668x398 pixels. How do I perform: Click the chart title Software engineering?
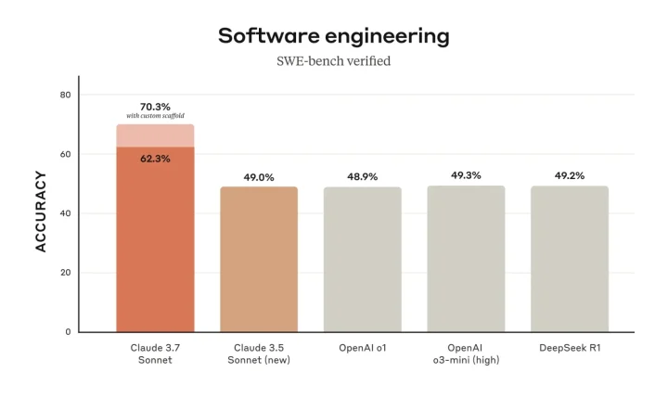[333, 36]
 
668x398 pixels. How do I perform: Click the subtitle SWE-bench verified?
[333, 61]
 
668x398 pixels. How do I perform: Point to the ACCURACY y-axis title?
[41, 211]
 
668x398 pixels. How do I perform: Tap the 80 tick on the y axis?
[65, 95]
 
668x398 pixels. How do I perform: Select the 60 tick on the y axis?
[65, 154]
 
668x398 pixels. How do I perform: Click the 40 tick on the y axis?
[65, 213]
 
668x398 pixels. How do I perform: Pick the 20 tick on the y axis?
[65, 273]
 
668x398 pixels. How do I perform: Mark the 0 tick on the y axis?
[68, 331]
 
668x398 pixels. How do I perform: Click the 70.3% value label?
[155, 107]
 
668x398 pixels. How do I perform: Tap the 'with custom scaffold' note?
[155, 116]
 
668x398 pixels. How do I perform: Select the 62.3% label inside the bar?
[155, 159]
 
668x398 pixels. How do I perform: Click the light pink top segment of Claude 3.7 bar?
[155, 135]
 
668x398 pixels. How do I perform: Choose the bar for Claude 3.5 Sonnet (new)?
[259, 260]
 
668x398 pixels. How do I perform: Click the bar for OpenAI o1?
[363, 260]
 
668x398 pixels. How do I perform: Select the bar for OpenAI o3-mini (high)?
[466, 260]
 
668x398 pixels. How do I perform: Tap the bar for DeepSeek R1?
[570, 260]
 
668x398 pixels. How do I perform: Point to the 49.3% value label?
[466, 174]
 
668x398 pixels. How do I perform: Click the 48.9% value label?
[363, 176]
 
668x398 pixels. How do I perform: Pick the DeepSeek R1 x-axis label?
[570, 347]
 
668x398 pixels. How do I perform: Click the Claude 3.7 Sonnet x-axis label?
[155, 353]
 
